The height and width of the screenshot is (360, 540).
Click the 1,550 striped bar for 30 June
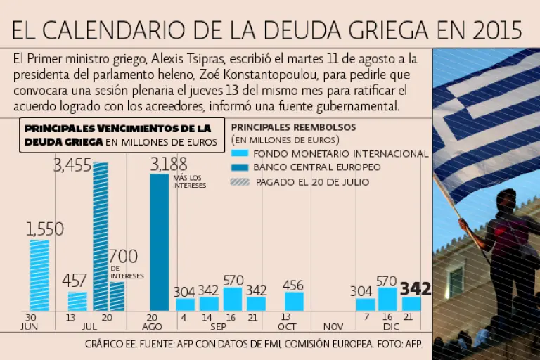[x=39, y=275]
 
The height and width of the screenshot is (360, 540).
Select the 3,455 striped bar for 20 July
[x=101, y=236]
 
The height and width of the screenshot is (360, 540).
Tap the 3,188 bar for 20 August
[x=160, y=242]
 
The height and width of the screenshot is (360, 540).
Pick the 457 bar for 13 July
[x=77, y=301]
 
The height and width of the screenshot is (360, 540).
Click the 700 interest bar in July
[x=117, y=296]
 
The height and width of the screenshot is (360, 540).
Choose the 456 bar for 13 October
[x=294, y=301]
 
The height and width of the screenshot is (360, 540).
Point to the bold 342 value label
[x=415, y=288]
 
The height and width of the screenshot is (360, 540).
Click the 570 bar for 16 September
[x=232, y=299]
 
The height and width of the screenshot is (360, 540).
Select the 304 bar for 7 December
[x=365, y=304]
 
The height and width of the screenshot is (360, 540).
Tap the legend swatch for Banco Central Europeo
[x=240, y=167]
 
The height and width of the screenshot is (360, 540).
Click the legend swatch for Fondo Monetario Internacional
[x=240, y=153]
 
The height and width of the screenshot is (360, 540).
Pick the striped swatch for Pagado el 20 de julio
[x=240, y=181]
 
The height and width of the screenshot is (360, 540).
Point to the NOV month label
[x=333, y=327]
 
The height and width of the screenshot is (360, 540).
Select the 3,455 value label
[x=72, y=166]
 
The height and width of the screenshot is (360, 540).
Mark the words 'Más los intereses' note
[x=187, y=181]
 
